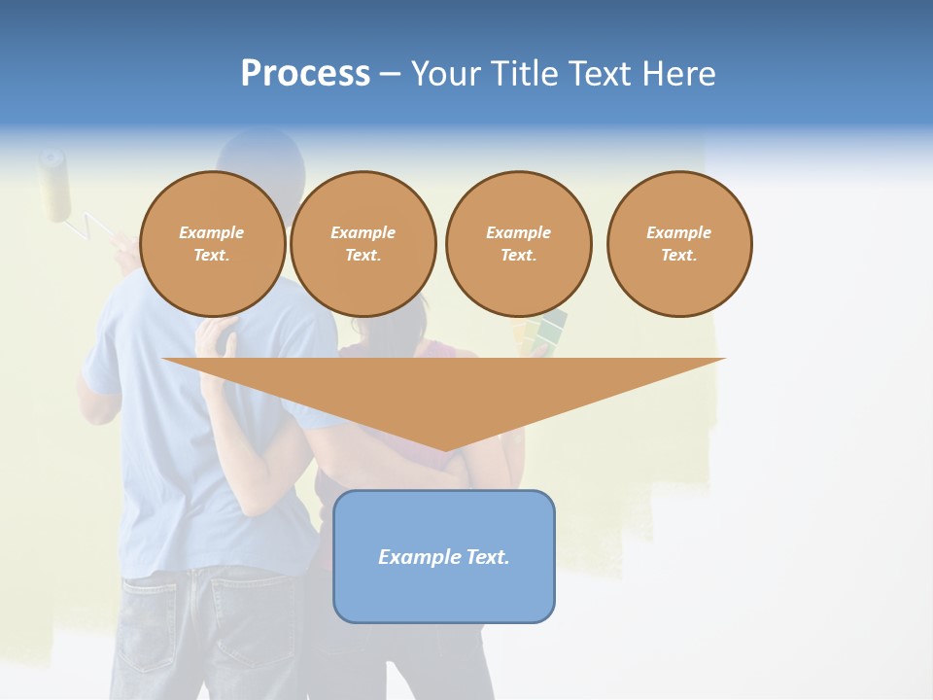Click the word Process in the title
[305, 74]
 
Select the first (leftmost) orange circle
[213, 244]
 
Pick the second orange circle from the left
[363, 244]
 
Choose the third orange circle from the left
[519, 244]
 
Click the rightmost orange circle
[679, 244]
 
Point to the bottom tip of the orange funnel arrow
[444, 450]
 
